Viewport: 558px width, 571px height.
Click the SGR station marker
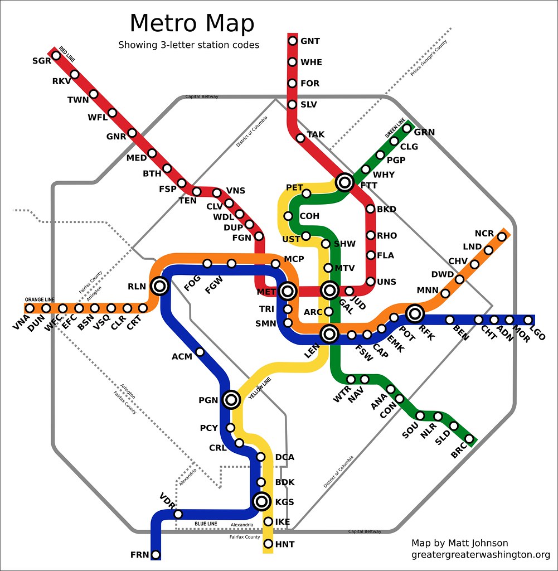pyautogui.click(x=56, y=55)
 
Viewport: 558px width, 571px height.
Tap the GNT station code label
pyautogui.click(x=310, y=41)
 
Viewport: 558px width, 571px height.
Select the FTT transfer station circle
pyautogui.click(x=344, y=181)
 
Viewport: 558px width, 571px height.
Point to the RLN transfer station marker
pyautogui.click(x=159, y=286)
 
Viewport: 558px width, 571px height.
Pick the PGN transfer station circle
pyautogui.click(x=231, y=399)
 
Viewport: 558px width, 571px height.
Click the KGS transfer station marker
pyautogui.click(x=261, y=502)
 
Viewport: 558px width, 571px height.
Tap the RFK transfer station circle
pyautogui.click(x=415, y=313)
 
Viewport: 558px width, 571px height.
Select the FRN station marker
pyautogui.click(x=156, y=554)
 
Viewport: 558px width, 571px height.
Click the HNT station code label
pyautogui.click(x=284, y=544)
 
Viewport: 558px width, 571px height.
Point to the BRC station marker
pyautogui.click(x=469, y=439)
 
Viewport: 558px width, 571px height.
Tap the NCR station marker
pyautogui.click(x=502, y=236)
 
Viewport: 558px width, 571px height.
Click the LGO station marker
pyautogui.click(x=528, y=320)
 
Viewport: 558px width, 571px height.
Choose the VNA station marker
pyautogui.click(x=30, y=308)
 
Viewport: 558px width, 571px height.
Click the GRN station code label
pyautogui.click(x=424, y=132)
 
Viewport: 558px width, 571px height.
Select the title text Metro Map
pyautogui.click(x=192, y=24)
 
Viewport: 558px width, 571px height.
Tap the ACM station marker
pyautogui.click(x=200, y=352)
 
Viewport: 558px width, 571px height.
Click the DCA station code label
pyautogui.click(x=284, y=457)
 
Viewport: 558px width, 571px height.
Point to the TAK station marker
pyautogui.click(x=300, y=138)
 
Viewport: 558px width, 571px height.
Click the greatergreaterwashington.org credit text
pyautogui.click(x=481, y=555)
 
